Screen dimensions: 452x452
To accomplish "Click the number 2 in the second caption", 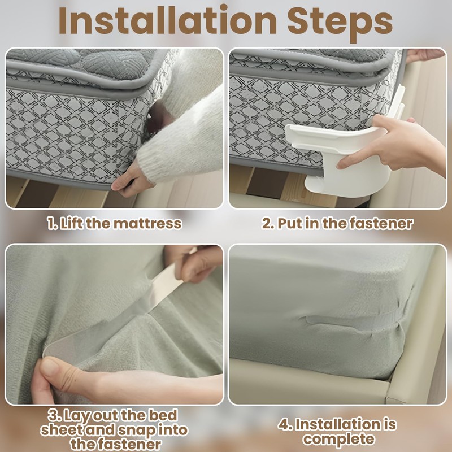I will (268, 223).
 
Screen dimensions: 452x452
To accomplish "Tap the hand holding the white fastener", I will (395, 141).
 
